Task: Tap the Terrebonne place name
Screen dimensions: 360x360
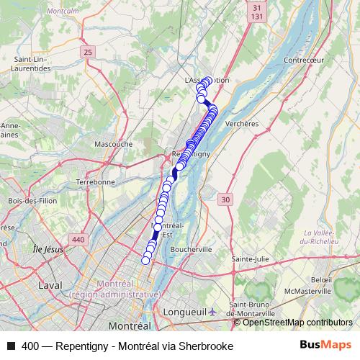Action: point(95,182)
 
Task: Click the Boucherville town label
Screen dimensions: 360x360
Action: point(192,249)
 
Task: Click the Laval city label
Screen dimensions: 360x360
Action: point(50,285)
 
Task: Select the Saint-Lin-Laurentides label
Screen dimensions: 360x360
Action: point(32,63)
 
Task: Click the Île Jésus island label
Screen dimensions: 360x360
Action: point(48,249)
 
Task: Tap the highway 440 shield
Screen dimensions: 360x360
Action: point(78,239)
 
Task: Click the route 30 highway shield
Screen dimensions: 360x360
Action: point(227,199)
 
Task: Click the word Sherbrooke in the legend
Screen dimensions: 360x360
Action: point(207,346)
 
